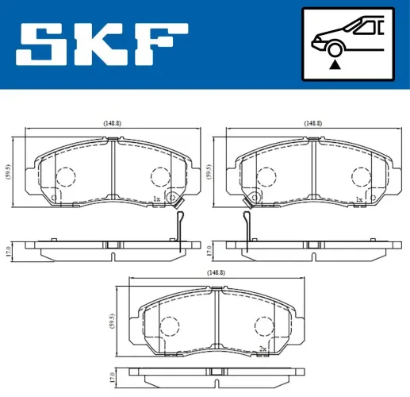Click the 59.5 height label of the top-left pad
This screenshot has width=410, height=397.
click(8, 172)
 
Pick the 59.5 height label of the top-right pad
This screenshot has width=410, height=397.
click(210, 172)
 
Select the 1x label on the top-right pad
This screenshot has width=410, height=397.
click(359, 199)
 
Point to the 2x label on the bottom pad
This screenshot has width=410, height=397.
click(262, 348)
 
